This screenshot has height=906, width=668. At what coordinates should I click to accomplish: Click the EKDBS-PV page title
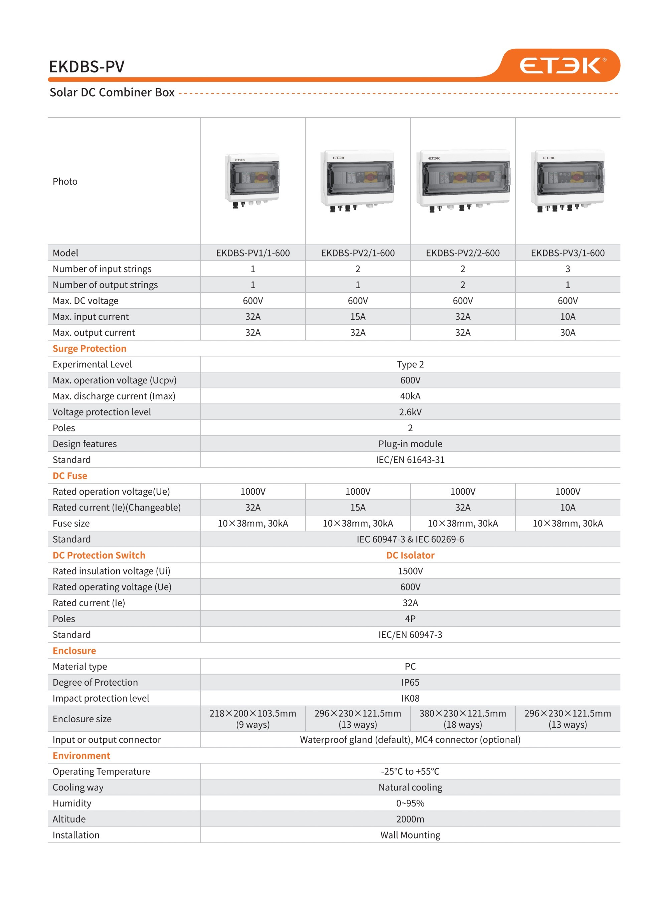(x=87, y=67)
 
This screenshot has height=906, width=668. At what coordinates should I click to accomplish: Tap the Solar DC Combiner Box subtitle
(x=112, y=93)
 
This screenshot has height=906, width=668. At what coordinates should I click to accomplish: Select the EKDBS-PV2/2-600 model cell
(x=463, y=253)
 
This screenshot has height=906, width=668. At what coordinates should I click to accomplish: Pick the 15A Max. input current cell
(x=357, y=317)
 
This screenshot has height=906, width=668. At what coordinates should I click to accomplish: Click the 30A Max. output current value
(x=567, y=332)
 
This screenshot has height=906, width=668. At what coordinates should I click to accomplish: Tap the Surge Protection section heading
(x=90, y=349)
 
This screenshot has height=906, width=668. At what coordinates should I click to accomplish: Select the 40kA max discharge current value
(x=410, y=396)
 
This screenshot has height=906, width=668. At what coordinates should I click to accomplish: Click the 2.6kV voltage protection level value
(x=410, y=412)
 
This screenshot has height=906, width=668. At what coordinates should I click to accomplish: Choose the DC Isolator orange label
(x=410, y=555)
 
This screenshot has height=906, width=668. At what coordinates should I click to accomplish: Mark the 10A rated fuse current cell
(x=567, y=507)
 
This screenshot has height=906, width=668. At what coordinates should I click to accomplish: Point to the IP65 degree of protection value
(x=410, y=683)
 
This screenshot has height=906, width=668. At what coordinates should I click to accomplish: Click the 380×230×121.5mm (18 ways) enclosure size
(x=463, y=719)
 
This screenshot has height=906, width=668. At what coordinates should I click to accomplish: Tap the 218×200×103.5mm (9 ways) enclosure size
(x=253, y=719)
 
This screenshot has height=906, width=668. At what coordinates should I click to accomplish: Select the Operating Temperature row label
(x=101, y=771)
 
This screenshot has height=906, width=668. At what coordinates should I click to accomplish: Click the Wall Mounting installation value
(x=410, y=835)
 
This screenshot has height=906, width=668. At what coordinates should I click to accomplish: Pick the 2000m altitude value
(x=410, y=819)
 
